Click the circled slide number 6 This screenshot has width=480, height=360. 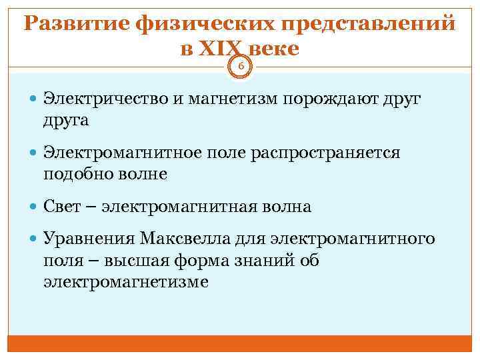pyautogui.click(x=241, y=65)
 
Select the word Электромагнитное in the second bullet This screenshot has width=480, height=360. pyautogui.click(x=117, y=153)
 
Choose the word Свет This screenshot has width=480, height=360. pyautogui.click(x=61, y=207)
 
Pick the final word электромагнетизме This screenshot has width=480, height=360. pyautogui.click(x=126, y=281)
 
